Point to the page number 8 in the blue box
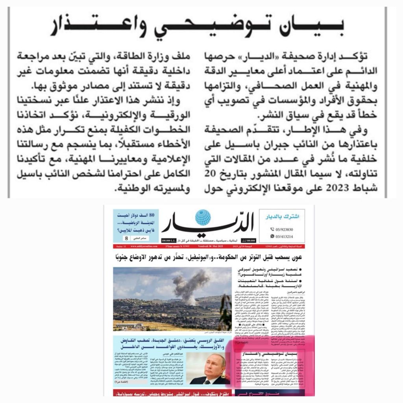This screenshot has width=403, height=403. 126,239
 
